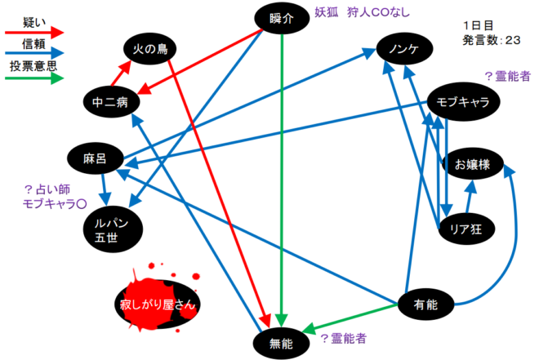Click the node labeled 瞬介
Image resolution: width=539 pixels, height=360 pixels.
[x=281, y=18]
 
